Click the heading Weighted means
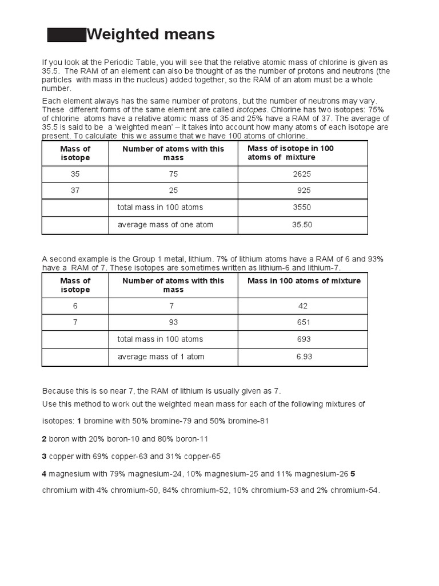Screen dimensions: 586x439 coord(150,35)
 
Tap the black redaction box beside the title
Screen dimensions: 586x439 coord(66,35)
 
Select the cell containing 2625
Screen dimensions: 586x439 coord(302,174)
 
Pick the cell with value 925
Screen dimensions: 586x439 coord(304,191)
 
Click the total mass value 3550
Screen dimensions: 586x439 coord(302,208)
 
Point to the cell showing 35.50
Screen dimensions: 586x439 coord(302,225)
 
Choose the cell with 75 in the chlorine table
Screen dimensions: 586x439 coord(173,174)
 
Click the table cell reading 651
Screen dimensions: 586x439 coord(304,322)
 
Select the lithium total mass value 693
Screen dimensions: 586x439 coord(304,339)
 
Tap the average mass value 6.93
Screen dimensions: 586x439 coord(304,357)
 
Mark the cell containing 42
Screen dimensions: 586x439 coord(303,306)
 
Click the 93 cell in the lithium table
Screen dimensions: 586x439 coord(173,322)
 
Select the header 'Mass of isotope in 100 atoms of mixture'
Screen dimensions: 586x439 coord(290,153)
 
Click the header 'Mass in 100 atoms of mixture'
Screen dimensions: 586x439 coord(304,281)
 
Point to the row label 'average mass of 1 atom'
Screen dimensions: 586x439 coord(161,357)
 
